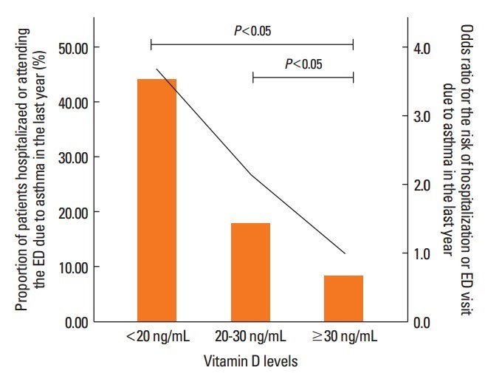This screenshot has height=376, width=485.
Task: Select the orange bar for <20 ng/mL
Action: point(156,199)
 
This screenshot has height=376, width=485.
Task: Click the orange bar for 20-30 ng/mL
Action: point(250,272)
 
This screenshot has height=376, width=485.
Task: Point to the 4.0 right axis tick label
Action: point(424,48)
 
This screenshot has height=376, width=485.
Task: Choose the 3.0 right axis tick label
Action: point(424,117)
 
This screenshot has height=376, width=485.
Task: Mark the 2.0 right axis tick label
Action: point(424,185)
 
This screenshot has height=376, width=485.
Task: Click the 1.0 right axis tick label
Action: point(424,254)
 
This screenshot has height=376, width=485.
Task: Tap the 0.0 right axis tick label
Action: point(424,322)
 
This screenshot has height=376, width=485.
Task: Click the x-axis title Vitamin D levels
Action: point(252,361)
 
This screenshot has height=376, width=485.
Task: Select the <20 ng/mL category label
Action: point(156,338)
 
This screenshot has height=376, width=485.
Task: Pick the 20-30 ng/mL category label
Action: point(251,338)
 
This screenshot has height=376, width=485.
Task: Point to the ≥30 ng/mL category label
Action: point(345,338)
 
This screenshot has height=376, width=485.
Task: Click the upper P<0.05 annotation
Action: point(251,31)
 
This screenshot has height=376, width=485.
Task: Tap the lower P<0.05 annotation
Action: point(303,64)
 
